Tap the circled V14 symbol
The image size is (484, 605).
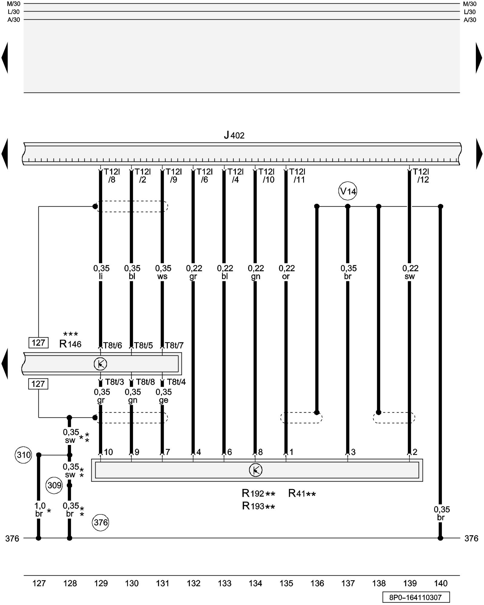tap(348, 191)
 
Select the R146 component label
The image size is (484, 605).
tap(70, 344)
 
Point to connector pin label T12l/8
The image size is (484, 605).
tap(112, 176)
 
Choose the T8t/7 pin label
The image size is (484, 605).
tap(174, 345)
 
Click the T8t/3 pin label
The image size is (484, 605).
tap(114, 382)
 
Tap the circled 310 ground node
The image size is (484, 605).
tap(23, 455)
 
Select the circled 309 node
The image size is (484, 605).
tap(54, 485)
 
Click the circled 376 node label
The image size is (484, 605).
tap(101, 522)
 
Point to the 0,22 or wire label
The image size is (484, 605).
tap(286, 272)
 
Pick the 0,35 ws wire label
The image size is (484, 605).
tap(163, 272)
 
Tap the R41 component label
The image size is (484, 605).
tap(302, 494)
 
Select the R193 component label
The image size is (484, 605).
tap(258, 506)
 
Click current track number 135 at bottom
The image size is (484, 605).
tap(286, 583)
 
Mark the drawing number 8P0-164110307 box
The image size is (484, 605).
tap(416, 597)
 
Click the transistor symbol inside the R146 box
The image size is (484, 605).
tap(100, 364)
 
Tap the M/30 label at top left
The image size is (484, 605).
tap(14, 4)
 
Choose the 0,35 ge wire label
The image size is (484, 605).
tap(164, 396)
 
